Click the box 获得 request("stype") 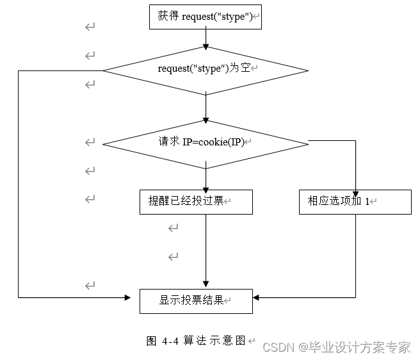[206, 17]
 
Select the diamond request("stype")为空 [206, 70]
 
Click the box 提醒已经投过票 [196, 202]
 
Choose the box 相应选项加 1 [355, 202]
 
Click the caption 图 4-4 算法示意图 [196, 341]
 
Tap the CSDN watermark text [337, 347]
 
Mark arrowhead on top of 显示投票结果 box [206, 285]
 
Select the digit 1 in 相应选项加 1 [367, 202]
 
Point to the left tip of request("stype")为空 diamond [104, 70]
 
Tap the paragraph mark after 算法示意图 [251, 341]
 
